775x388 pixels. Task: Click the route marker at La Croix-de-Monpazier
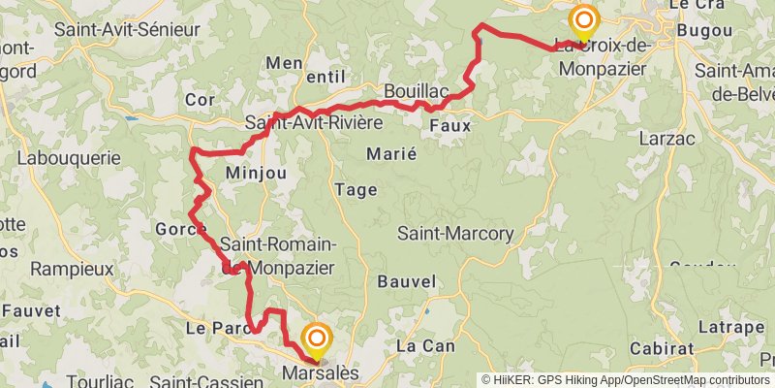click(583, 20)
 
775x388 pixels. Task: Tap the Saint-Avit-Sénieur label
click(127, 29)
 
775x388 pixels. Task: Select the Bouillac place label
click(416, 91)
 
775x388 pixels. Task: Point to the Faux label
click(449, 125)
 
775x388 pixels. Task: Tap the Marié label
click(391, 153)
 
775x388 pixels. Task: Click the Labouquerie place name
click(69, 157)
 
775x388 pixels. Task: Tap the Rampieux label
click(72, 269)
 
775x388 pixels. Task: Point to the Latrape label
click(718, 327)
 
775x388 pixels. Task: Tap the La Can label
click(419, 345)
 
